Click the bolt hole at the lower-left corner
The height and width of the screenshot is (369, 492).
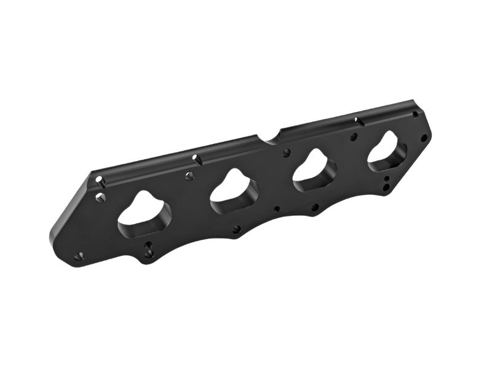pos(77,256)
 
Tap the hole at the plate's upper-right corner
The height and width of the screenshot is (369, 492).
pos(415,114)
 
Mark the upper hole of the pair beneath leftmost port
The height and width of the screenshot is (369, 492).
pos(148,245)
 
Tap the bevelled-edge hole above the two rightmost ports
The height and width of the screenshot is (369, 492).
pos(357,121)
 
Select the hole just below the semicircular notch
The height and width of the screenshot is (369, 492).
pos(286,151)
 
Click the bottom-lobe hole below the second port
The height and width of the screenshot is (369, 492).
pos(237,229)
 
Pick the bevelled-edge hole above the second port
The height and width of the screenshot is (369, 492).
pos(196,158)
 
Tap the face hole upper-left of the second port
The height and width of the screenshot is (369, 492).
pos(189,177)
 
